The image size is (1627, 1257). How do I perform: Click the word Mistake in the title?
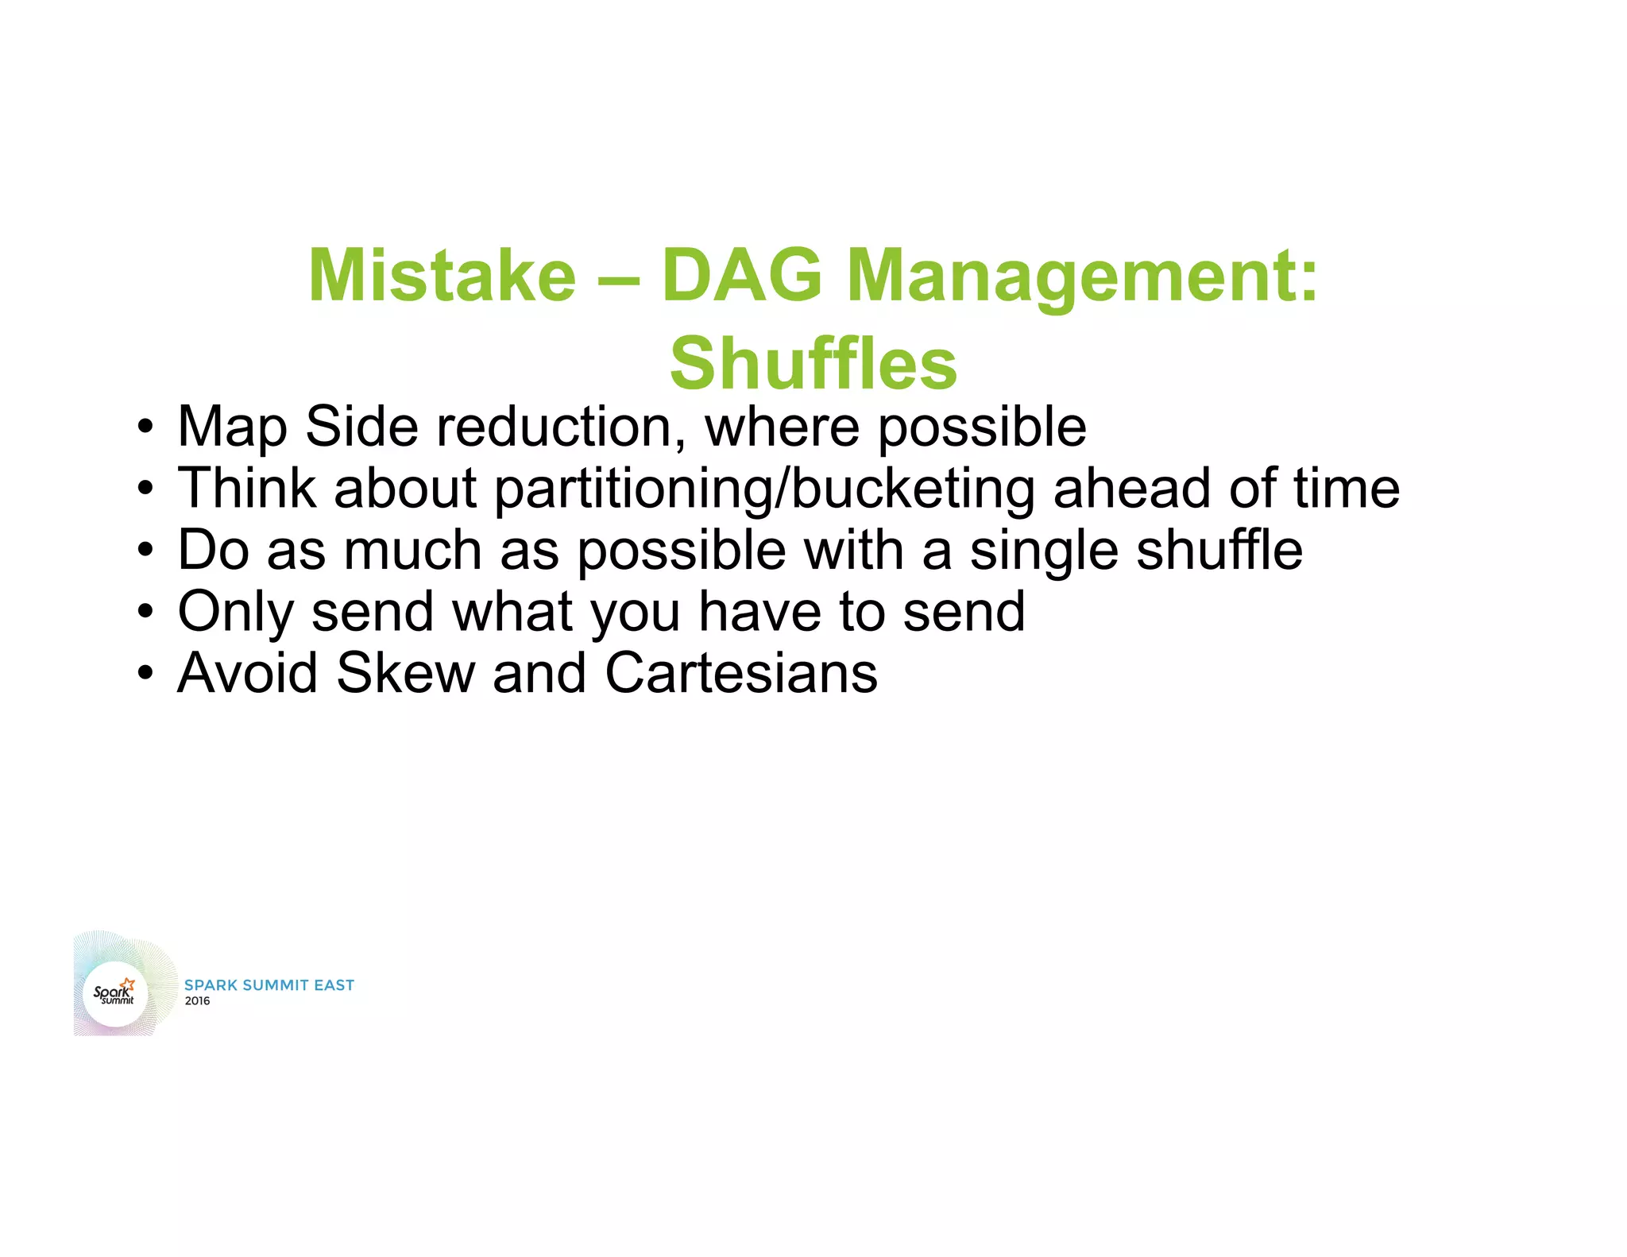click(442, 276)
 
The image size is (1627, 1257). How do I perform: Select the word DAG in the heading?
click(741, 276)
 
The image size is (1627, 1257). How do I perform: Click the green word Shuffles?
click(813, 364)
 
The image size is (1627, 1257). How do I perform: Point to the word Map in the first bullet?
click(232, 428)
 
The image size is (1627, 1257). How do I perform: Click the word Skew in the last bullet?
click(405, 673)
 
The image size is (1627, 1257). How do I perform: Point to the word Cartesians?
click(740, 673)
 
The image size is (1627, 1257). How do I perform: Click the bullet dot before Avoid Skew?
click(144, 675)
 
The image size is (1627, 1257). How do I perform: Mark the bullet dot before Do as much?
click(144, 551)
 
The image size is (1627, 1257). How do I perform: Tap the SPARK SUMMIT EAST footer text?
click(269, 985)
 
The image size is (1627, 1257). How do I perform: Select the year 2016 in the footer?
click(197, 1001)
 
